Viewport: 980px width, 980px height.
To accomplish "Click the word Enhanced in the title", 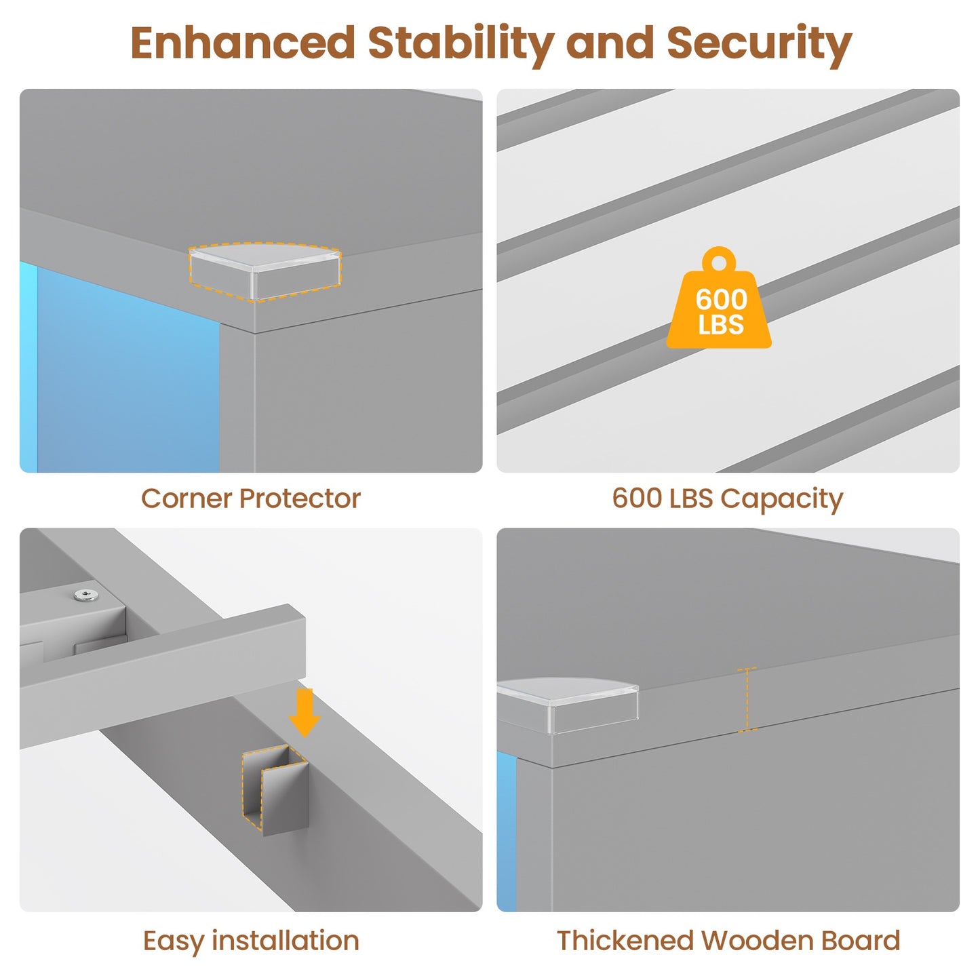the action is (x=243, y=43).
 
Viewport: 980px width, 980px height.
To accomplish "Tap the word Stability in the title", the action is (x=460, y=45).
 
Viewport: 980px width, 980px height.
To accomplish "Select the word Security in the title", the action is (x=759, y=45).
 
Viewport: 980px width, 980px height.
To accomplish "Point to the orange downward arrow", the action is (x=304, y=713).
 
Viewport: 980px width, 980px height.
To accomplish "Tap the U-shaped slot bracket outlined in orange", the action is (x=275, y=790).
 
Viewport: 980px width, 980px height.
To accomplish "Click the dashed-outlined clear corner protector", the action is (x=264, y=271).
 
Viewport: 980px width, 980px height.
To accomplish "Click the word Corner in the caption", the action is (x=186, y=498).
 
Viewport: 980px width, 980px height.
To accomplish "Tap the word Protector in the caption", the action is (x=300, y=498).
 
